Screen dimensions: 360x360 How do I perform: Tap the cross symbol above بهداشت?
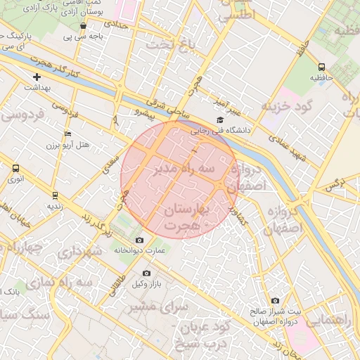pyautogui.click(x=37, y=76)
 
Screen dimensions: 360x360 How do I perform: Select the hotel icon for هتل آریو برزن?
pyautogui.click(x=67, y=134)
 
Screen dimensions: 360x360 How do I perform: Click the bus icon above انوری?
pyautogui.click(x=16, y=169)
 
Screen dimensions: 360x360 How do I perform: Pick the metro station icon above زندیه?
pyautogui.click(x=55, y=195)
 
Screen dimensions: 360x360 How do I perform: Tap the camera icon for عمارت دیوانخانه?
pyautogui.click(x=139, y=240)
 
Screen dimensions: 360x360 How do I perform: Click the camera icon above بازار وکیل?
pyautogui.click(x=146, y=273)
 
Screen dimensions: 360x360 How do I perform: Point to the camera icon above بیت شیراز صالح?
pyautogui.click(x=275, y=301)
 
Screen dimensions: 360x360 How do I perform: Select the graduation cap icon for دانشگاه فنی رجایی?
pyautogui.click(x=220, y=120)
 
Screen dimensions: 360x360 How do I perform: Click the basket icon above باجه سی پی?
pyautogui.click(x=84, y=26)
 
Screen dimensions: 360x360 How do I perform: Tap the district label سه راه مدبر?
pyautogui.click(x=185, y=170)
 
